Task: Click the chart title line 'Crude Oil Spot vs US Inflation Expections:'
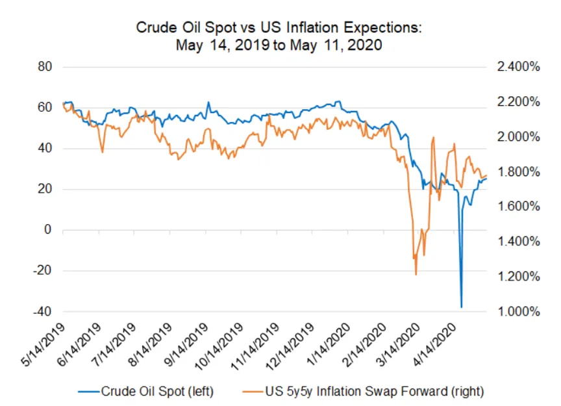tap(279, 27)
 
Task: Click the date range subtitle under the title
tap(279, 45)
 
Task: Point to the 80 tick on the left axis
tap(45, 67)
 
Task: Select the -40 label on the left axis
tap(43, 311)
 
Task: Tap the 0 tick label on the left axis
tap(48, 229)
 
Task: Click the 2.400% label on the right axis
tap(518, 67)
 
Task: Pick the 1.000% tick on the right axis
tap(518, 311)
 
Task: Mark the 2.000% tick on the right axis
tap(518, 137)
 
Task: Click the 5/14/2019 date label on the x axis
tap(44, 345)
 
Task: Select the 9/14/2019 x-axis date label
tap(186, 345)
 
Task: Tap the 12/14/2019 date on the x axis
tap(290, 347)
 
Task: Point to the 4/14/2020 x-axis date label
tap(434, 345)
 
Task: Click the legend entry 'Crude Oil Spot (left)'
tap(146, 391)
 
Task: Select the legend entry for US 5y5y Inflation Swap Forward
tap(363, 391)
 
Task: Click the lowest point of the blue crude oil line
tap(462, 307)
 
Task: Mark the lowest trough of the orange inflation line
tap(416, 274)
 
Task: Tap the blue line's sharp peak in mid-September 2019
tap(208, 103)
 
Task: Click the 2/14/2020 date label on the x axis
tap(364, 345)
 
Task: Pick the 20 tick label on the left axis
tap(45, 188)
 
